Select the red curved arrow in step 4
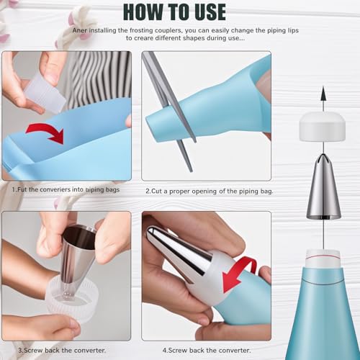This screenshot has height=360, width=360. click(240, 273)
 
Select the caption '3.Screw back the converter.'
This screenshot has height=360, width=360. click(63, 351)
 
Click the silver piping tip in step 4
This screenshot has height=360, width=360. click(176, 255)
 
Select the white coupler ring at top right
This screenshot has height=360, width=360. click(323, 127)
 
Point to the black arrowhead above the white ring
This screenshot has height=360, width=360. click(323, 94)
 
